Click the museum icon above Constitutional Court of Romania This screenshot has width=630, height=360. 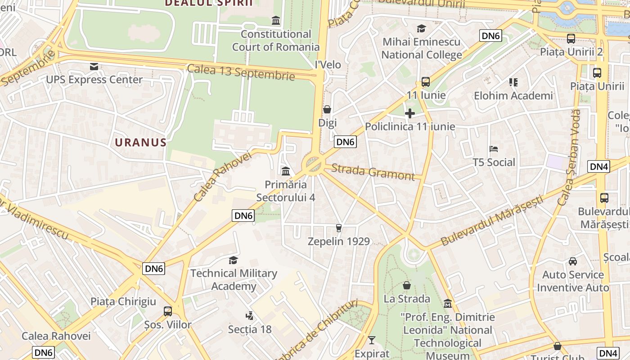pos(275,20)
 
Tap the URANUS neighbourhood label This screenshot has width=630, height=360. pos(140,143)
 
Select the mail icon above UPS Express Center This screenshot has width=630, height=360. pos(94,67)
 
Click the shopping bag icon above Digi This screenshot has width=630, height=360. pos(327,109)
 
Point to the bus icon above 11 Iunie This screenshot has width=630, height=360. pos(425,82)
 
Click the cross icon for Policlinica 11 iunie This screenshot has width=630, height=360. pos(409,113)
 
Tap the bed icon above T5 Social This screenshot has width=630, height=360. pos(493,149)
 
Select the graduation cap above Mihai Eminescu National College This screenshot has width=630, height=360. pos(421,28)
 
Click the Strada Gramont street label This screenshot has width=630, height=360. pos(373,172)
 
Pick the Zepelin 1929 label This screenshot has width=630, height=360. pos(339,241)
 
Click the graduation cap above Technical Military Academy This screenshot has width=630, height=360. pos(233,260)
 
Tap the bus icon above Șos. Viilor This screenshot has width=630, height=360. pos(167,311)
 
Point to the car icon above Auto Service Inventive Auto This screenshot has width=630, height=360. pos(572,261)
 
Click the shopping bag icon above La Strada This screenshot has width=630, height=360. pos(406,285)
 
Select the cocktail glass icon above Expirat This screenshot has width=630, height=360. pos(371,340)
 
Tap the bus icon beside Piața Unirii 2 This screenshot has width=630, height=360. pos(571,39)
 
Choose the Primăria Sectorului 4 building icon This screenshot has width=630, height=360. pos(285,171)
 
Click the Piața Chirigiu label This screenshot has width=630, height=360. pos(123,301)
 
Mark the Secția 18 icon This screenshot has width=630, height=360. pos(249,316)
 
